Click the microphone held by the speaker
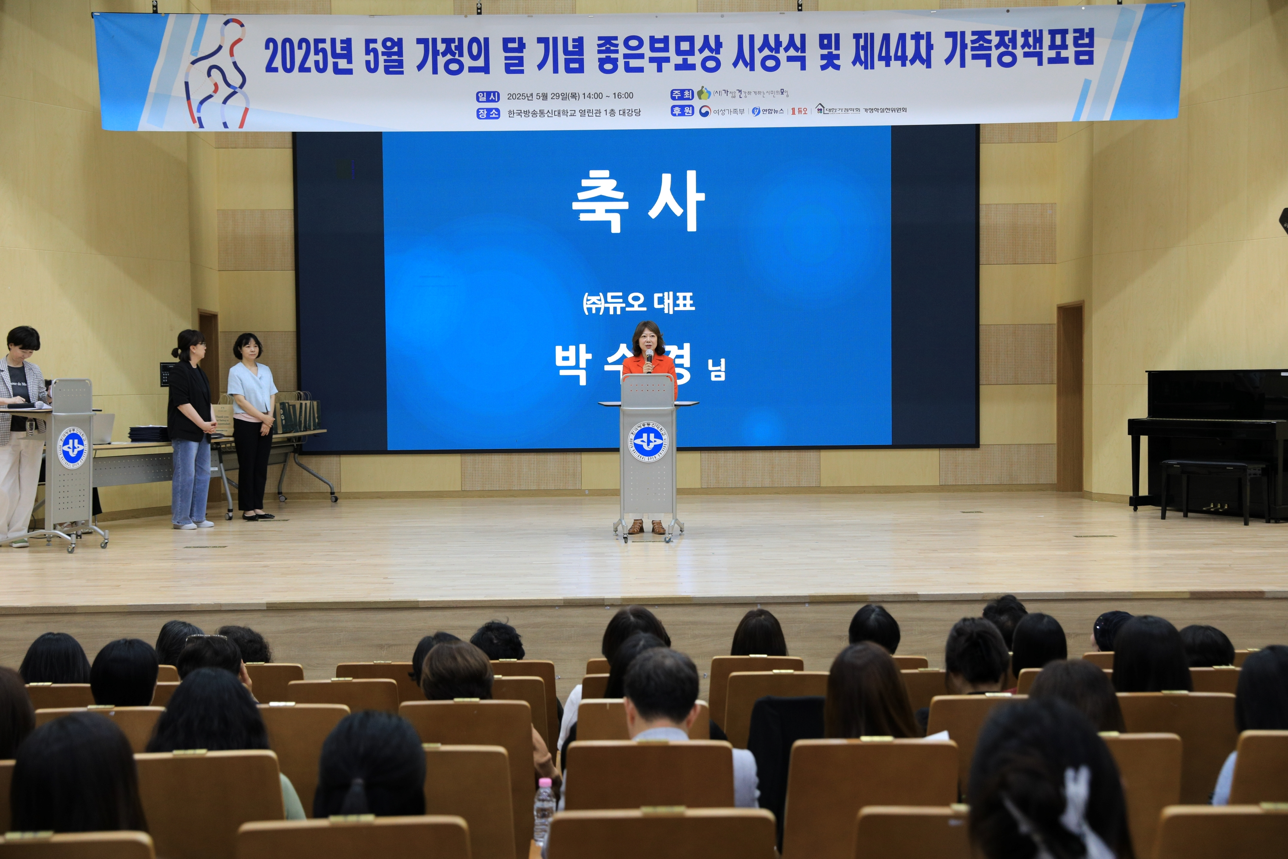649,358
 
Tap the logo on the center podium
648,441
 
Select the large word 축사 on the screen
638,201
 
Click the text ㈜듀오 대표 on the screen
638,302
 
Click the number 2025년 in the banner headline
308,56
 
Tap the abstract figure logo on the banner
217,74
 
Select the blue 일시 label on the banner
487,96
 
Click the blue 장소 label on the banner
487,113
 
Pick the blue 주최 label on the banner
682,94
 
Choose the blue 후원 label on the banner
682,111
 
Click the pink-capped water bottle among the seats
544,808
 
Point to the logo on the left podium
73,448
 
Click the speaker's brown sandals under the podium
647,527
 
